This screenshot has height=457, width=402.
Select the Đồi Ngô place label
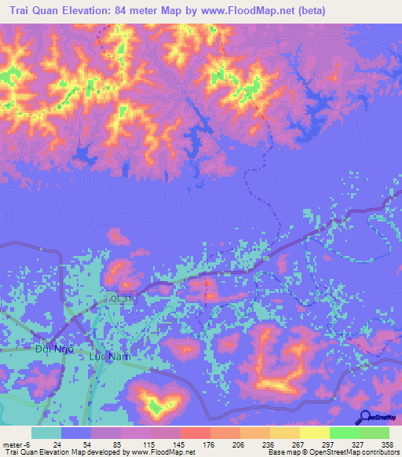[x=54, y=348]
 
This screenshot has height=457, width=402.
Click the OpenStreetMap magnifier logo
[x=366, y=418]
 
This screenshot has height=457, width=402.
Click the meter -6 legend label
[x=16, y=443]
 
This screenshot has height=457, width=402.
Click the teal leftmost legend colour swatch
[x=46, y=433]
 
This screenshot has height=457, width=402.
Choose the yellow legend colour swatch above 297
[x=314, y=433]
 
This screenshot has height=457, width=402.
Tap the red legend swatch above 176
[x=195, y=433]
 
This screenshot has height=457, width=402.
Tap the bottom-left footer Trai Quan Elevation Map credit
[x=98, y=452]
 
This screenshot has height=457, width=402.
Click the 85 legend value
[x=115, y=443]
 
